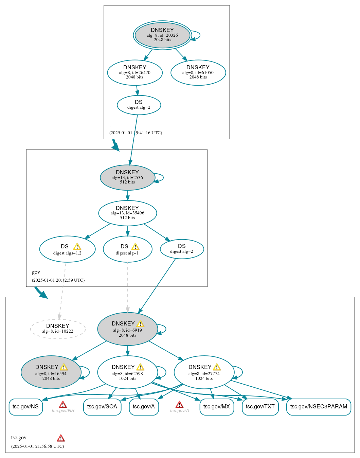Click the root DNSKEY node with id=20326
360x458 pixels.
162,35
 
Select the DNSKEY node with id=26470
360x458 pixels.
135,72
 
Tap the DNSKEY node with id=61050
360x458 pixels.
198,72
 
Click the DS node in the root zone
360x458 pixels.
139,105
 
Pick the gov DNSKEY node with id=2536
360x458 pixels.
127,177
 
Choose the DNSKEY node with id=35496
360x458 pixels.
127,213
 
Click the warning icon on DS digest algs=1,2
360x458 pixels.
77,247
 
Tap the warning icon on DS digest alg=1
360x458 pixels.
135,247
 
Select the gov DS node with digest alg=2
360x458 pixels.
182,249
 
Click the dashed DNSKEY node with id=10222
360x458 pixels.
58,329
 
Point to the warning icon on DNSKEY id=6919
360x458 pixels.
140,324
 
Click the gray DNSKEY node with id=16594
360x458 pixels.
51,372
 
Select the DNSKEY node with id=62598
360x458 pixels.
127,372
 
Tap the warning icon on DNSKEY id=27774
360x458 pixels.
217,367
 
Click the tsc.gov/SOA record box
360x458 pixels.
102,407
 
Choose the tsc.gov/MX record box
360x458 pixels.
217,407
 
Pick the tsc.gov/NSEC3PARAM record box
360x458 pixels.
319,407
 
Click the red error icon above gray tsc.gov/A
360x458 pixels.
179,404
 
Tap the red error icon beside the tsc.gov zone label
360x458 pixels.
61,438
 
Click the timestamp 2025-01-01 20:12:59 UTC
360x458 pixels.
58,280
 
